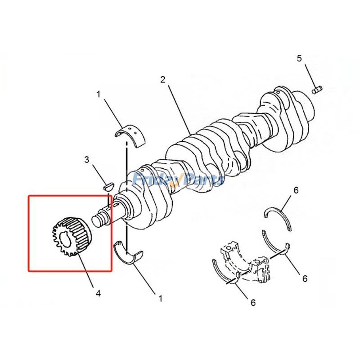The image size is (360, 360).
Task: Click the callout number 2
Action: [x=162, y=80]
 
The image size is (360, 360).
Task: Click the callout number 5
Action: [x=299, y=58]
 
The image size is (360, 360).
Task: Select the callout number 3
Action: [x=86, y=159]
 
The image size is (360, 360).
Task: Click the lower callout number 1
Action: [x=160, y=297]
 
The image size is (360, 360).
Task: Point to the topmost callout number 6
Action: [x=296, y=190]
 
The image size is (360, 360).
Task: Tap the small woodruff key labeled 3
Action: [x=108, y=184]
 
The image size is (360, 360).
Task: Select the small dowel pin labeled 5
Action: [x=318, y=90]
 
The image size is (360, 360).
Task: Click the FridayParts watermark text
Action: [x=178, y=180]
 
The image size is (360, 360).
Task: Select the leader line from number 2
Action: [x=178, y=108]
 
